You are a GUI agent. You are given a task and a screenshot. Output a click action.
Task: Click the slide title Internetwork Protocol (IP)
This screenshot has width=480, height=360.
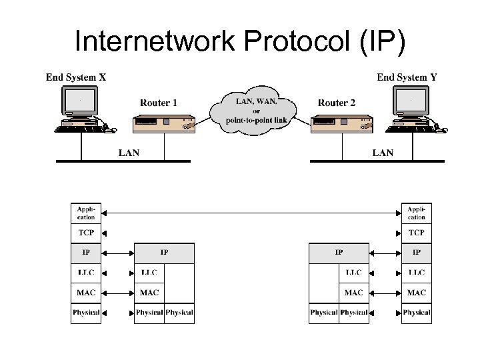(x=239, y=41)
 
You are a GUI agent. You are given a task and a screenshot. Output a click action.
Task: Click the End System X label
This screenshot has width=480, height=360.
(x=75, y=77)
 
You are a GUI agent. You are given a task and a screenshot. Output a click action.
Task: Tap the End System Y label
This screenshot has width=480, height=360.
(x=407, y=77)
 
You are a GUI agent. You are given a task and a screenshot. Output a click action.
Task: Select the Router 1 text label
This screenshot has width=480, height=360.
(x=159, y=103)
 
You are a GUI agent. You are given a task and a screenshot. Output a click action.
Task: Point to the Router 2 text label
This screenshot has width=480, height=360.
(x=337, y=103)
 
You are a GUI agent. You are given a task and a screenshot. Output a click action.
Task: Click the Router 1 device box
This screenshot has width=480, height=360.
(x=164, y=125)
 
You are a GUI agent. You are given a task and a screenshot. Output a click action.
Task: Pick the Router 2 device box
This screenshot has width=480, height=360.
(x=342, y=125)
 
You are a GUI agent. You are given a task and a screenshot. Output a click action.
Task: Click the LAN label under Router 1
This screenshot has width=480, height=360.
(x=129, y=153)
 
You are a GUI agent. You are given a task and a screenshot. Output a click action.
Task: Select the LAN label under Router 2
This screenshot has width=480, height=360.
(x=383, y=153)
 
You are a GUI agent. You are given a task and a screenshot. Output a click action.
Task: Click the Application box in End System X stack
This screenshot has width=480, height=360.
(x=86, y=213)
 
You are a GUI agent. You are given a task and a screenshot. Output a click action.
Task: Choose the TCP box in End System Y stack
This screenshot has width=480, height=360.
(x=417, y=233)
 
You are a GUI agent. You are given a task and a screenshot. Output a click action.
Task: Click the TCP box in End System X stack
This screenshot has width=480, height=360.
(x=86, y=233)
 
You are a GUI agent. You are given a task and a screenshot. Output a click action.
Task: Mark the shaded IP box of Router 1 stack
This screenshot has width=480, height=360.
(x=164, y=253)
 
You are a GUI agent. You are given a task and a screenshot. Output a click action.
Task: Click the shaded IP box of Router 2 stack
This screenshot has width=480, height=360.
(x=339, y=253)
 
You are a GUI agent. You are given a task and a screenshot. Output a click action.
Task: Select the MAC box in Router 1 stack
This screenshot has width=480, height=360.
(x=149, y=293)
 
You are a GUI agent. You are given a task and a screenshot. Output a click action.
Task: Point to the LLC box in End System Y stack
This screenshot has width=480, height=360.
(x=417, y=273)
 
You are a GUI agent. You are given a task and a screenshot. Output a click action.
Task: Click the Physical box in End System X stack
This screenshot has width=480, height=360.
(x=86, y=313)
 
